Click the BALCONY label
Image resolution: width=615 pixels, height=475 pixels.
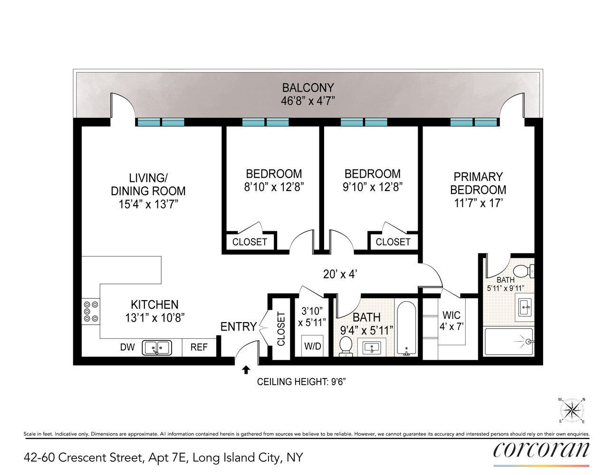point(308,88)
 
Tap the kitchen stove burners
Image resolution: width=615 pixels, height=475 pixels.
point(91,311)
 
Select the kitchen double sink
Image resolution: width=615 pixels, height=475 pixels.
point(157,348)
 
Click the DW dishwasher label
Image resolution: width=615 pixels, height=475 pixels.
point(127,347)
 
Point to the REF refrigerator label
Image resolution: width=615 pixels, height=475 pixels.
point(199,347)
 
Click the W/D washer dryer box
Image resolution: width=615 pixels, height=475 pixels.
point(312,346)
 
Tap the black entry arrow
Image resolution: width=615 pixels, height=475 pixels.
point(246,370)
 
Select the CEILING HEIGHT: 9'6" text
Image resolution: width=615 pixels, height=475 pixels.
point(301,382)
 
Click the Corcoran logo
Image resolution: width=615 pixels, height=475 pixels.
point(541,450)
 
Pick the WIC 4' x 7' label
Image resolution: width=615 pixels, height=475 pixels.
point(451,321)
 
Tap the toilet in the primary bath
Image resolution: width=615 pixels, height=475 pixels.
point(524,271)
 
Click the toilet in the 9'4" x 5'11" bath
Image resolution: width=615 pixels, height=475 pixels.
point(346,345)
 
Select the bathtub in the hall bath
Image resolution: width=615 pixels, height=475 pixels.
point(406,328)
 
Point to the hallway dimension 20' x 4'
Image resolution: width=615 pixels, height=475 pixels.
point(340,274)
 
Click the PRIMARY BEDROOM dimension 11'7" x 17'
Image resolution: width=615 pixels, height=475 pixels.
point(478,203)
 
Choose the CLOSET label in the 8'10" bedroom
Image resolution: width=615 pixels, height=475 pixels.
point(250,242)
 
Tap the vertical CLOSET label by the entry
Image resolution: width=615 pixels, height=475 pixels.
point(281,329)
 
